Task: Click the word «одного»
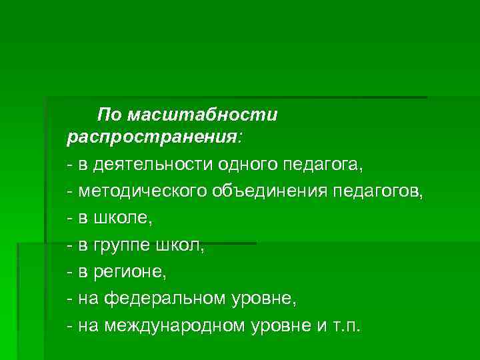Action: coord(249,163)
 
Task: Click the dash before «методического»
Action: coord(70,192)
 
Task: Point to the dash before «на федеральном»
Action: coord(70,300)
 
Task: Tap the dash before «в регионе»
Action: coord(70,273)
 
